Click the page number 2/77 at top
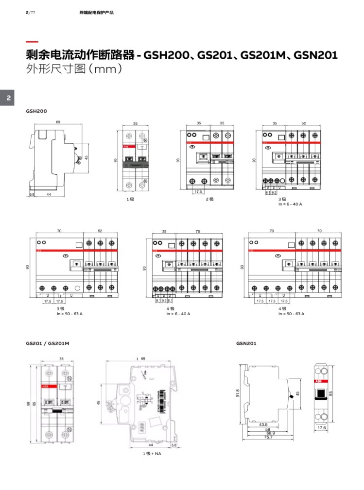(30, 12)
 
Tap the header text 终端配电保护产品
(96, 12)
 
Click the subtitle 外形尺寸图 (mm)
(73, 69)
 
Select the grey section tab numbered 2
(8, 98)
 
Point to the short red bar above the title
(32, 42)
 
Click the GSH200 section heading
(36, 111)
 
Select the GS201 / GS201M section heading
(48, 343)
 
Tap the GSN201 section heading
(246, 343)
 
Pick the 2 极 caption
(209, 199)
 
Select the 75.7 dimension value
(269, 438)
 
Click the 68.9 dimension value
(269, 433)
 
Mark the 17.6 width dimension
(321, 428)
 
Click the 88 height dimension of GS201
(28, 403)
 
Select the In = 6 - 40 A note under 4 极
(178, 314)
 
